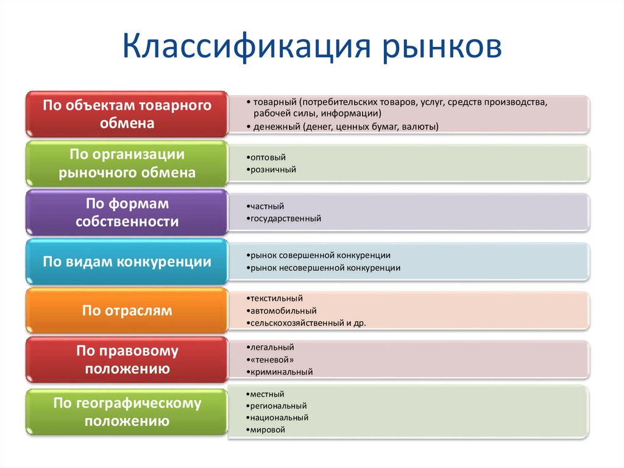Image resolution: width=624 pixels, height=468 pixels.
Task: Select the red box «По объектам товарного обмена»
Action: tap(127, 114)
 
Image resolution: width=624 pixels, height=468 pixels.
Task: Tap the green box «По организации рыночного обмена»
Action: tap(127, 164)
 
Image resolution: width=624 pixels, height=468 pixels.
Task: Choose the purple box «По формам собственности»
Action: tap(127, 212)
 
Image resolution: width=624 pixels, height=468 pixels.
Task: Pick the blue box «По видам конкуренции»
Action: tap(127, 262)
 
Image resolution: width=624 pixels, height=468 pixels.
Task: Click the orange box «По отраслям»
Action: tap(127, 311)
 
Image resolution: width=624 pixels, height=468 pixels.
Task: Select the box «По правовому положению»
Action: tap(127, 360)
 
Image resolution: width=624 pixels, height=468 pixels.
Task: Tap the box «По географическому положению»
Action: tap(127, 412)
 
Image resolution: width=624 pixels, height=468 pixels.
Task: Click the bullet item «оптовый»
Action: tap(268, 157)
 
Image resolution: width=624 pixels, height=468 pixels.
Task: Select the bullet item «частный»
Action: tap(267, 207)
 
